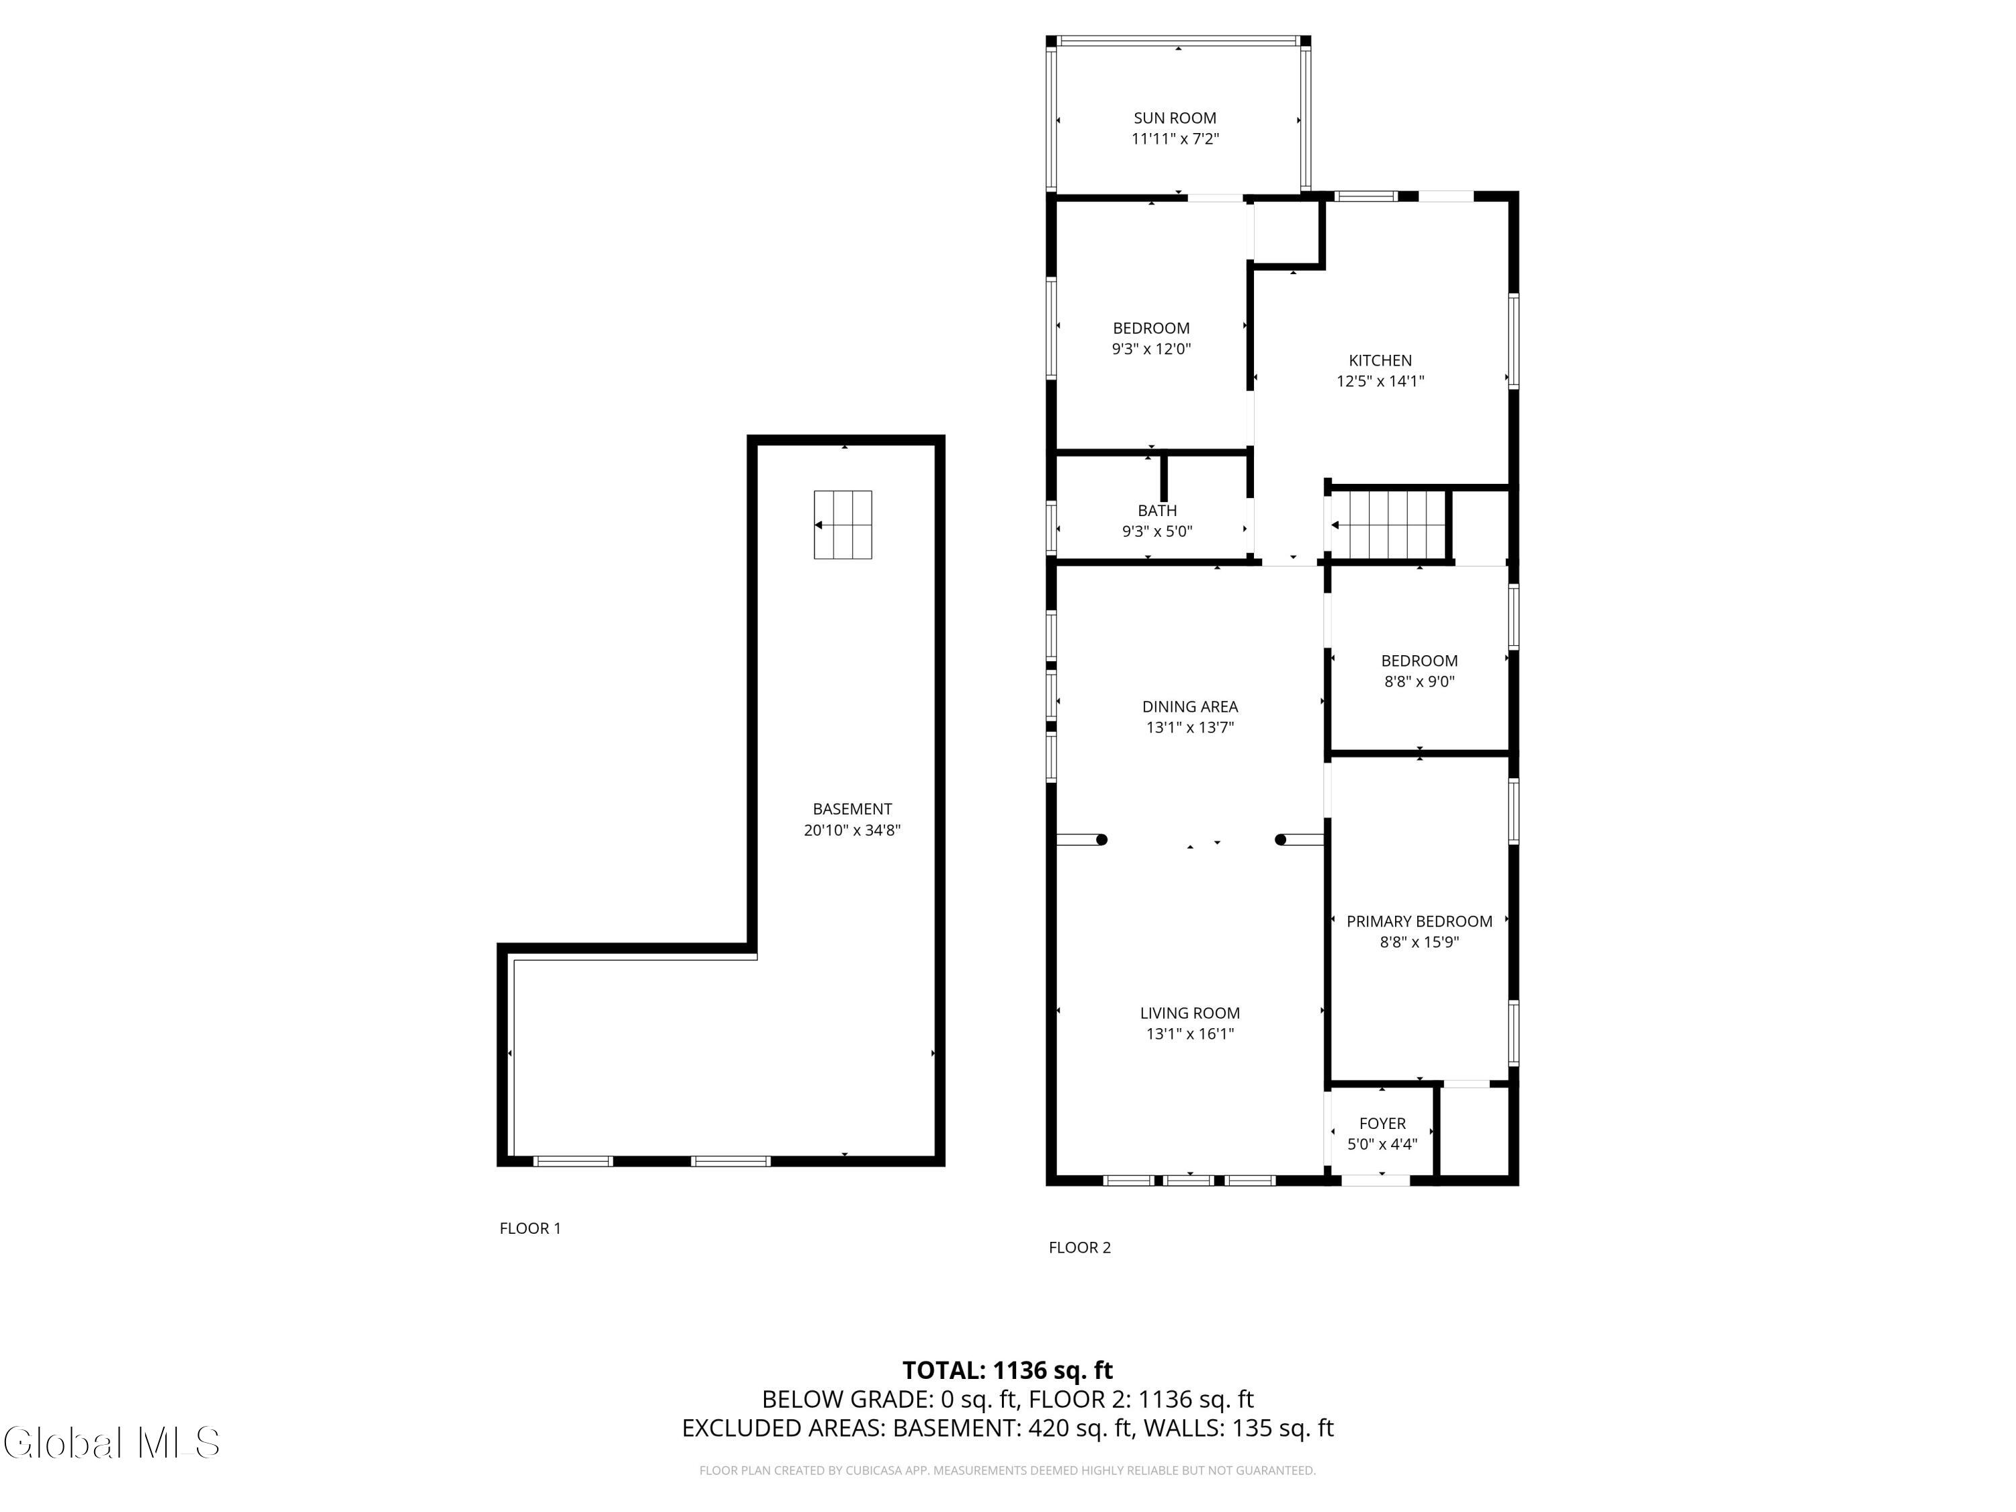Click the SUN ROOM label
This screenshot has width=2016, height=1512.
pos(1175,118)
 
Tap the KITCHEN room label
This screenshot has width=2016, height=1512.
pos(1380,360)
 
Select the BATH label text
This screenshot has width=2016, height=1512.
pos(1157,510)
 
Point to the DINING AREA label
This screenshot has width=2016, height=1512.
pos(1189,706)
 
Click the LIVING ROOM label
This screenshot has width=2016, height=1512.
pos(1189,1013)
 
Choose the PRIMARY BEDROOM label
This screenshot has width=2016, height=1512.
pos(1419,921)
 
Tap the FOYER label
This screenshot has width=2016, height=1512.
pos(1382,1124)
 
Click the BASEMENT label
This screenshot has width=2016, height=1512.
pos(852,808)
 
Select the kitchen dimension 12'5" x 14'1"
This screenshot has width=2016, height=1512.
pos(1380,382)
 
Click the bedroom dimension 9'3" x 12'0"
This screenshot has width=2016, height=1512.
pos(1151,349)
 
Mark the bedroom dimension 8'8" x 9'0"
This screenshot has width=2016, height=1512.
pos(1419,681)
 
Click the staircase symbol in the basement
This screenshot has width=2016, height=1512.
pos(843,525)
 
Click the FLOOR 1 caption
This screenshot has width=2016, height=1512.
pos(530,1228)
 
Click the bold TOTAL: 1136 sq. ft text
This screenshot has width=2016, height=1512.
pos(1007,1370)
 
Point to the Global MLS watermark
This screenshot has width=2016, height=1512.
pos(111,1442)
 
